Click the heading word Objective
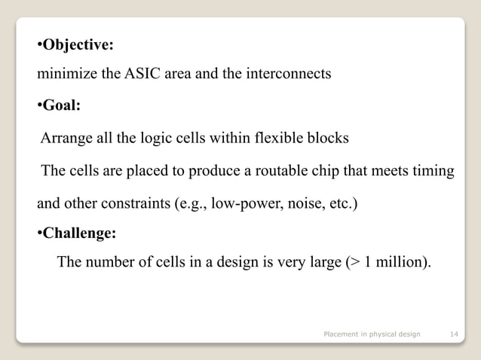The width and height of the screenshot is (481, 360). pyautogui.click(x=78, y=45)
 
